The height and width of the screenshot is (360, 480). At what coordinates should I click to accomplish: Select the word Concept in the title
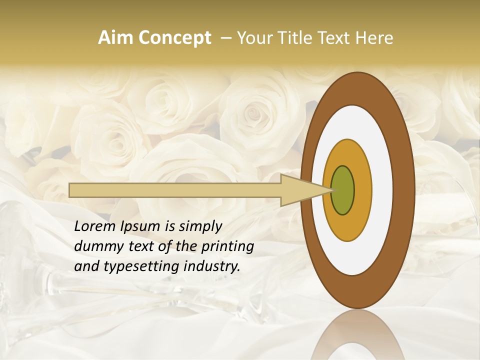(174, 38)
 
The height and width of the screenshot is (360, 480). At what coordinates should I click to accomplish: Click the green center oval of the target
(342, 190)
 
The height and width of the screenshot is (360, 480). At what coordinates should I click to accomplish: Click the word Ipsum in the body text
(141, 227)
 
